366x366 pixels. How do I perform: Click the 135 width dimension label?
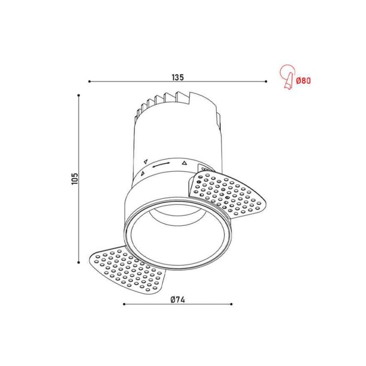178,77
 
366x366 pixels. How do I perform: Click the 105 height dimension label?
75,179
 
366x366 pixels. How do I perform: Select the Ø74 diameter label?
178,300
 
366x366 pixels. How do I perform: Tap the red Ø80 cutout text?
303,81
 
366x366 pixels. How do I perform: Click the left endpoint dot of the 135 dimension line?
89,82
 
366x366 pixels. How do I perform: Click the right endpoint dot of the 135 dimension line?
266,82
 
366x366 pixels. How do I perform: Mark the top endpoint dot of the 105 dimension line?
78,95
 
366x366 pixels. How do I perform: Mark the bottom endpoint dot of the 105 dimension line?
78,262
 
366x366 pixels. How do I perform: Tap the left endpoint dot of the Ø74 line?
124,304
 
